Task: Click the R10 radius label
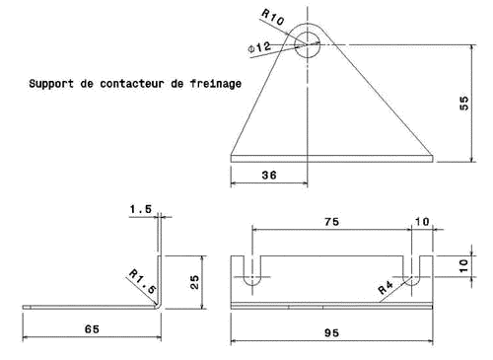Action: pyautogui.click(x=272, y=17)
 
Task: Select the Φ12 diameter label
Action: pyautogui.click(x=259, y=47)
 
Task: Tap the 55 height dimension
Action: pyautogui.click(x=463, y=103)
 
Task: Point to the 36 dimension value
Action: pyautogui.click(x=269, y=175)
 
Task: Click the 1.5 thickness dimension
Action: pyautogui.click(x=141, y=209)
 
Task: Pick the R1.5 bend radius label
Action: pyautogui.click(x=142, y=281)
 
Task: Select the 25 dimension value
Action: pyautogui.click(x=194, y=282)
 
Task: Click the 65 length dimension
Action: pyautogui.click(x=92, y=329)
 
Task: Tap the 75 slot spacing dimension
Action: pyautogui.click(x=331, y=222)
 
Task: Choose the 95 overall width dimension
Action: pyautogui.click(x=331, y=333)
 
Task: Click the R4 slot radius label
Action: pyautogui.click(x=386, y=288)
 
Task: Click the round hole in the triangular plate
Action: pyautogui.click(x=308, y=44)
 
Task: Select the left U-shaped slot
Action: pyautogui.click(x=252, y=270)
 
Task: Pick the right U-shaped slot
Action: pyautogui.click(x=411, y=270)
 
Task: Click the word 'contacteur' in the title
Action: pyautogui.click(x=132, y=84)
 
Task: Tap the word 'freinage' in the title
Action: pyautogui.click(x=216, y=84)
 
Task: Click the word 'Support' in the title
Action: pyautogui.click(x=51, y=84)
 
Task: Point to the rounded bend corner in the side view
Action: pyautogui.click(x=159, y=306)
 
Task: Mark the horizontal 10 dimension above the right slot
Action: pyautogui.click(x=422, y=222)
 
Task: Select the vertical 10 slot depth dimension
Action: pyautogui.click(x=463, y=265)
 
